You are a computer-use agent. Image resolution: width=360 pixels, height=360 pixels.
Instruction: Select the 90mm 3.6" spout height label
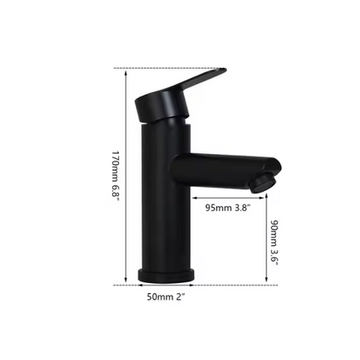tap(275, 243)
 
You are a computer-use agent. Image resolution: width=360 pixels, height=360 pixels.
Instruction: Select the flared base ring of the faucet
tap(166, 275)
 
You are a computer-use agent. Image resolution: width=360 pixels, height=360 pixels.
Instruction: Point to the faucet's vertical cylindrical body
tap(164, 201)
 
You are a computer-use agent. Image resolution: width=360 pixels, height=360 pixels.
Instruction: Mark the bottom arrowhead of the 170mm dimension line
tap(126, 281)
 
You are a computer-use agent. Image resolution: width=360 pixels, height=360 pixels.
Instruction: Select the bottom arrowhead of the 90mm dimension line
tap(266, 281)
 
